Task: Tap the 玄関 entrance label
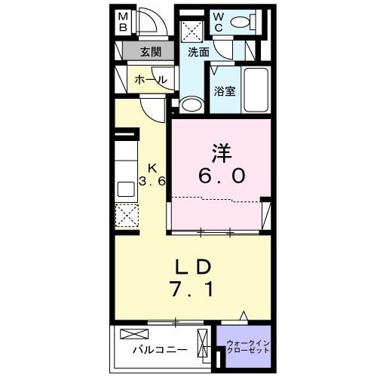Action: [x=151, y=52]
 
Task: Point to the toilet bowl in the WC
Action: [x=243, y=23]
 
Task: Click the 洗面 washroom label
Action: [x=198, y=52]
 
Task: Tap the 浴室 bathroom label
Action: [x=224, y=92]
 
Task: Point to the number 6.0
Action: [x=221, y=176]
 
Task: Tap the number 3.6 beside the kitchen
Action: [x=152, y=182]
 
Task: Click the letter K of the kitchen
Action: [x=152, y=167]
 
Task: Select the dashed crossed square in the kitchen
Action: [x=126, y=218]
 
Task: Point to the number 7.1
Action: [x=192, y=289]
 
